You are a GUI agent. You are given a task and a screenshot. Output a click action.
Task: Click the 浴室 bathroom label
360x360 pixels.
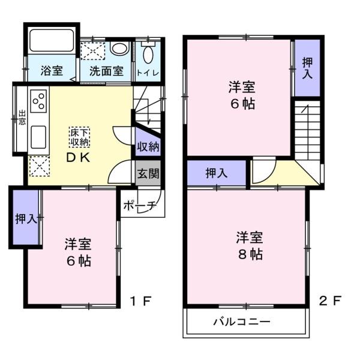coord(51,70)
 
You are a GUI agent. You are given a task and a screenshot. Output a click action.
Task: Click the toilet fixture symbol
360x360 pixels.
coord(148,52)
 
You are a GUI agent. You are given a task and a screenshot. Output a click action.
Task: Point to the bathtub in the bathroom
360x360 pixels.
coord(51,43)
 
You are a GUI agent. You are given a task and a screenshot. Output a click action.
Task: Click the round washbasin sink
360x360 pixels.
coord(119,49)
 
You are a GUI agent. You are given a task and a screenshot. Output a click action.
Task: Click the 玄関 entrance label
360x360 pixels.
coord(148,175)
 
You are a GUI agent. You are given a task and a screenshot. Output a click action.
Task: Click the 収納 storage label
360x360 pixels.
coord(148,147)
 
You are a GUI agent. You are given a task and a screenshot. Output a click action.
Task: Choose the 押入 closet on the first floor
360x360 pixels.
coord(25,218)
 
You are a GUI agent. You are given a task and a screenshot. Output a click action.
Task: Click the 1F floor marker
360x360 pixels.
coord(142,301)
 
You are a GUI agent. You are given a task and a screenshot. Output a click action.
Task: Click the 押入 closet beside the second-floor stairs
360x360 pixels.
coord(307,67)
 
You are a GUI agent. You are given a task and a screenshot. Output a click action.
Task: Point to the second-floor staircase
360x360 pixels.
coord(308,129)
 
